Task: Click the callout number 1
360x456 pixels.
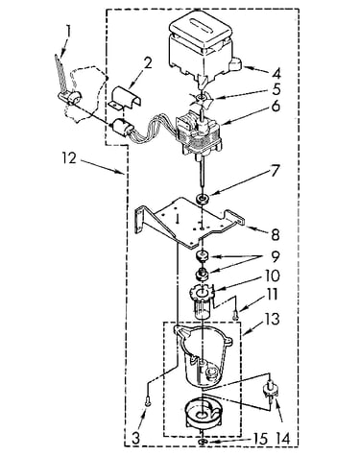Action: click(x=68, y=34)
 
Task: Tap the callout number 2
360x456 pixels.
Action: click(x=147, y=64)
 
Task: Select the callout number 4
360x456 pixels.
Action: click(x=276, y=73)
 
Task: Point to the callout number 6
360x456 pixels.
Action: click(x=276, y=107)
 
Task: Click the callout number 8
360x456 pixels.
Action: click(x=276, y=234)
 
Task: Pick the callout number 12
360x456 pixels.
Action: click(x=69, y=158)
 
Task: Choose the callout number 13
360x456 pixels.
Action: click(x=272, y=319)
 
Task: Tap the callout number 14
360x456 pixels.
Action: click(x=281, y=439)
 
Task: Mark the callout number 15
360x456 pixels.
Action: click(x=259, y=439)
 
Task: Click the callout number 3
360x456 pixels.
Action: click(x=135, y=439)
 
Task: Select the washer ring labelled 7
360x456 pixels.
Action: click(x=202, y=199)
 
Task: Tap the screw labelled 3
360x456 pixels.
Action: click(x=147, y=401)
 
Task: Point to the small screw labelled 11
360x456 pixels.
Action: click(x=236, y=316)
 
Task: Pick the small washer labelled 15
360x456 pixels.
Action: click(x=202, y=442)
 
